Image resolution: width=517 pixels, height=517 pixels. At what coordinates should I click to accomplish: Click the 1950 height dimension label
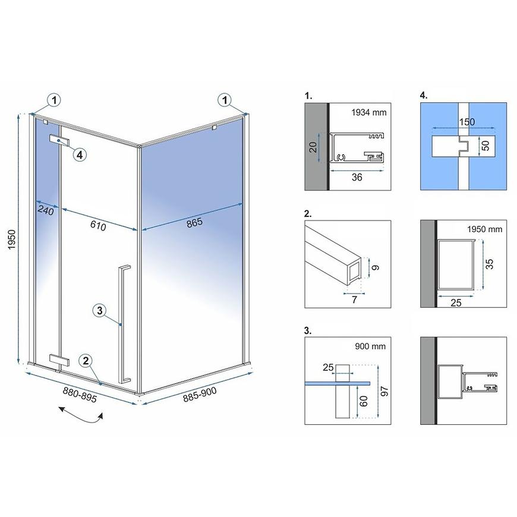(12, 239)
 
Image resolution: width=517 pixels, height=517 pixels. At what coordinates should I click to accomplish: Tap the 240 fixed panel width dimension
(46, 210)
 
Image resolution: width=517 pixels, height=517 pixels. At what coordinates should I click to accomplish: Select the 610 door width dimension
(98, 226)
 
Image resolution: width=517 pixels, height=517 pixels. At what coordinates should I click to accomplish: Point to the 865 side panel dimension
(194, 223)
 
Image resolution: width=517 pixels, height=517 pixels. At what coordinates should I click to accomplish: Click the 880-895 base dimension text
(80, 395)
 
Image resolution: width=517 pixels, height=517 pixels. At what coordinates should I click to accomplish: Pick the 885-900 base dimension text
(200, 395)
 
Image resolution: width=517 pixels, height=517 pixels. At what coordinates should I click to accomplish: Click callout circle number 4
(80, 155)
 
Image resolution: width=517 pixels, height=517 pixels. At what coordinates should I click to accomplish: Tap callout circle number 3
(100, 310)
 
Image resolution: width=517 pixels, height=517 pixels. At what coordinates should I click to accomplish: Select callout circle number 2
(86, 361)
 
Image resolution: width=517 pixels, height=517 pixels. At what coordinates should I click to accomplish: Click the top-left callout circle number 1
(55, 100)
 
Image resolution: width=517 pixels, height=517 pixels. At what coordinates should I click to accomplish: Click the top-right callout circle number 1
(225, 100)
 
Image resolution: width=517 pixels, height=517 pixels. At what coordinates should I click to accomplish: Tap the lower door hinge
(59, 360)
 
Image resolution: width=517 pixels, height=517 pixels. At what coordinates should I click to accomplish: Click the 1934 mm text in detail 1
(368, 112)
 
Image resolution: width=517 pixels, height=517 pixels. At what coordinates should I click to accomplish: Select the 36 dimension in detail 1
(357, 178)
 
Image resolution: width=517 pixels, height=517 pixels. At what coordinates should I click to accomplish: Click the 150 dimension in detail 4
(467, 122)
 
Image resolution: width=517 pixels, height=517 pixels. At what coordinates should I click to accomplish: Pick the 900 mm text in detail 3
(370, 346)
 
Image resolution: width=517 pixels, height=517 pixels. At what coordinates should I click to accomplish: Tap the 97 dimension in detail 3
(384, 392)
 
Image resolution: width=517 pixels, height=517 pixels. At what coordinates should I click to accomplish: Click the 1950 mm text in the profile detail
(485, 229)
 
